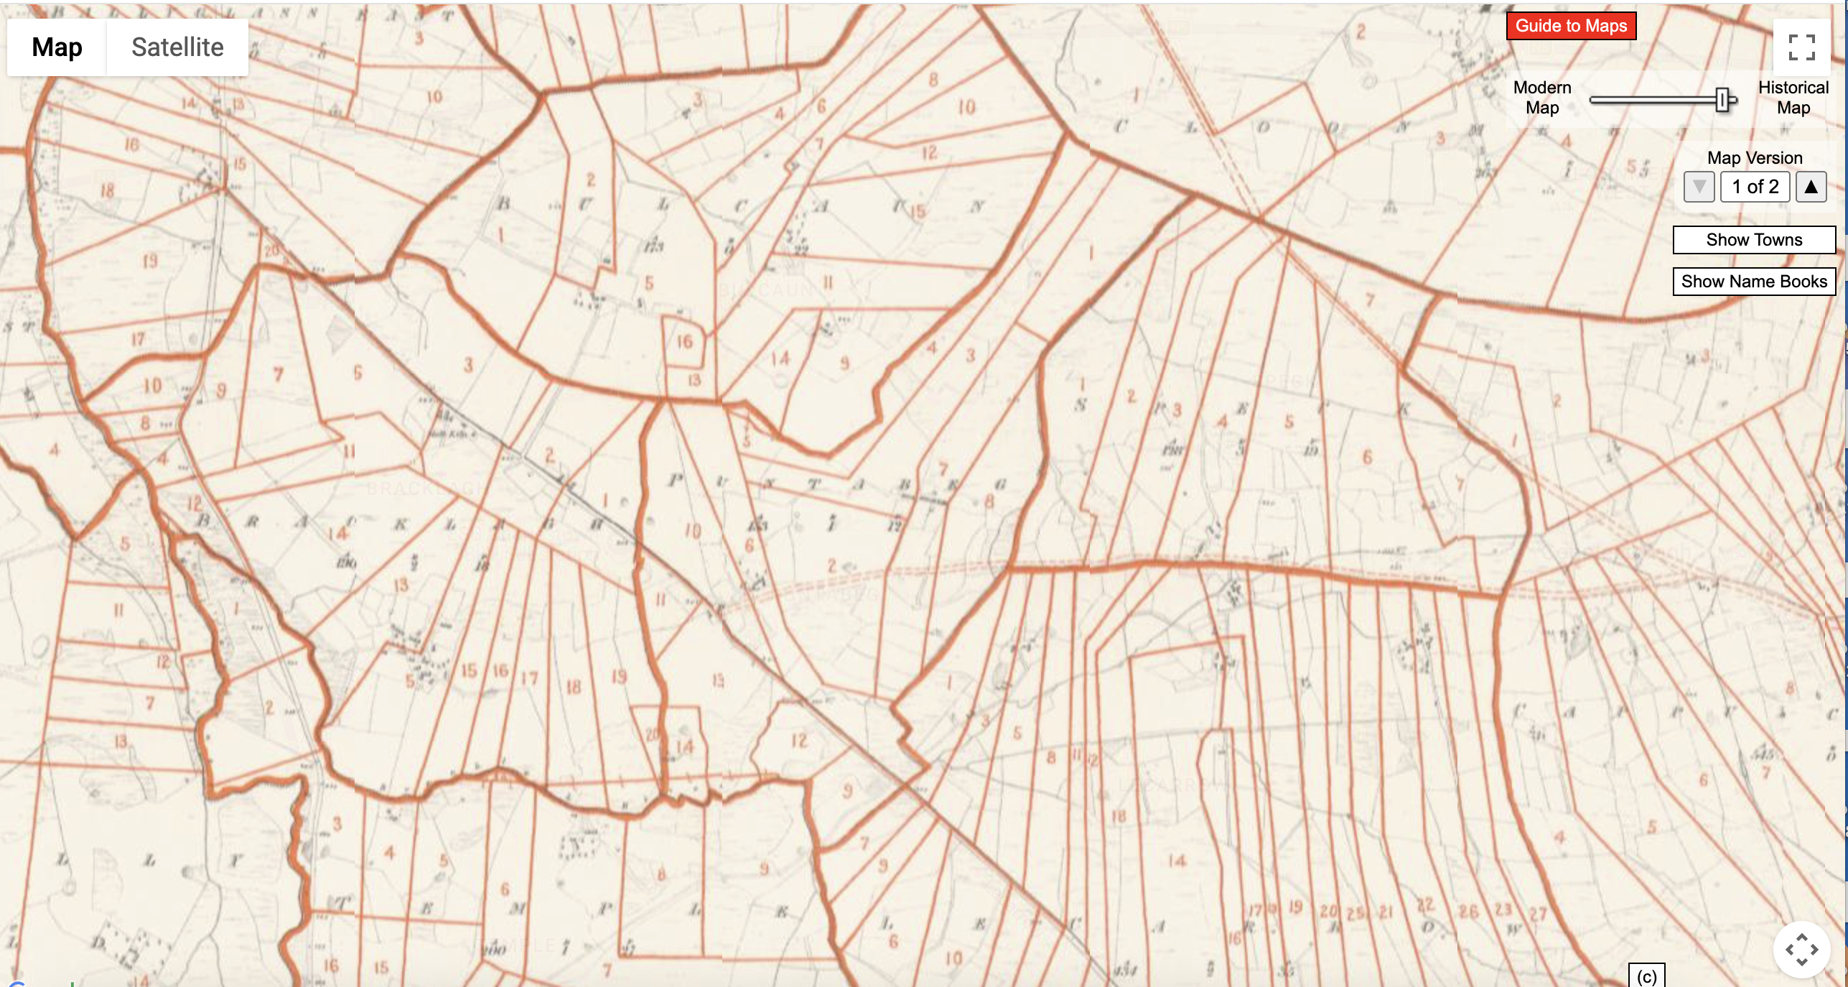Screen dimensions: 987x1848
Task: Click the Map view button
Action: point(57,47)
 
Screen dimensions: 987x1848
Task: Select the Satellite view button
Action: point(177,47)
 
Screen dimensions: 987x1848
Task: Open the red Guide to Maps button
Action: point(1570,26)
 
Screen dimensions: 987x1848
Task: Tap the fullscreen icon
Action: point(1801,47)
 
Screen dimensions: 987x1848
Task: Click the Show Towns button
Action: point(1753,240)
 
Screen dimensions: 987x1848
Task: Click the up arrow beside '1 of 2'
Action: point(1811,187)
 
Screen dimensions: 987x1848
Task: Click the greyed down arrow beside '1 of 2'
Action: point(1699,187)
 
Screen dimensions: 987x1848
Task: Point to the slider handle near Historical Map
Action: point(1722,101)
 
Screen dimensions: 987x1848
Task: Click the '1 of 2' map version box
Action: point(1754,187)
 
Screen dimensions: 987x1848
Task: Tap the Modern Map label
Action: point(1541,98)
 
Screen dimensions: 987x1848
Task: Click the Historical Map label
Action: point(1793,98)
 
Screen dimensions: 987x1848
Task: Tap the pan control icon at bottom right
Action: point(1801,949)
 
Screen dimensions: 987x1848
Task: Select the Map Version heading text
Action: point(1754,158)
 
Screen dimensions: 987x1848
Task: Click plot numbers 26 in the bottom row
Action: point(1468,911)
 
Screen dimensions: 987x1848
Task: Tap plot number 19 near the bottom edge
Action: point(1295,907)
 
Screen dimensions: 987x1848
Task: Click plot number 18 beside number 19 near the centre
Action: point(573,687)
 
